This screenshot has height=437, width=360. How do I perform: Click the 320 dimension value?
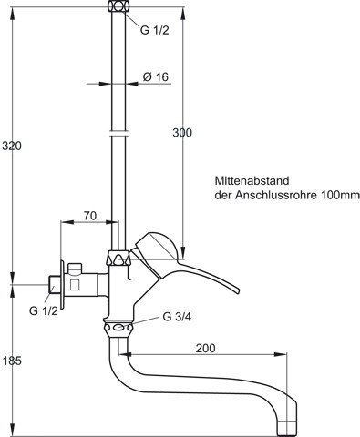pos(12,146)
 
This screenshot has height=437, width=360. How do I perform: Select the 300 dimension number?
pos(182,133)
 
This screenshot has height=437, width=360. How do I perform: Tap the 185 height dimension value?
pos(12,361)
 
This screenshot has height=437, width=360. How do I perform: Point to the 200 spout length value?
pos(205,348)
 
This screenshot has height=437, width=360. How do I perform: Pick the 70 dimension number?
pos(90,216)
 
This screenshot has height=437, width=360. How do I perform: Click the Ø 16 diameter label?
pos(156,76)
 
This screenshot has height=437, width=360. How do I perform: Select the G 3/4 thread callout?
pos(177,317)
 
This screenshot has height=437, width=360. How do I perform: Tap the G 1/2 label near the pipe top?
pos(154,30)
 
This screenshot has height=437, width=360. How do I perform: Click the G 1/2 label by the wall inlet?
pos(44,310)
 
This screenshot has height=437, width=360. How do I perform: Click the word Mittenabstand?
pos(252,180)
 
